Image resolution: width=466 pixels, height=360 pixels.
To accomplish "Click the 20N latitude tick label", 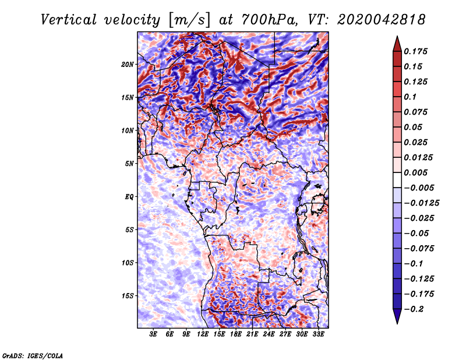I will pyautogui.click(x=128, y=64).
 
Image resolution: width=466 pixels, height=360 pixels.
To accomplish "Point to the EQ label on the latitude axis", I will pyautogui.click(x=129, y=196).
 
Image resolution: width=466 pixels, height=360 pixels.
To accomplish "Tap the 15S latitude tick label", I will pyautogui.click(x=128, y=295).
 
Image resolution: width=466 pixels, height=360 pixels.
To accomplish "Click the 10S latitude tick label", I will pyautogui.click(x=128, y=263).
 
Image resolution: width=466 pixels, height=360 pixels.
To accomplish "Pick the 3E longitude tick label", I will pyautogui.click(x=154, y=334).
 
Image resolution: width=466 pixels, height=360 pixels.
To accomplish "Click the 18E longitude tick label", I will pyautogui.click(x=236, y=334).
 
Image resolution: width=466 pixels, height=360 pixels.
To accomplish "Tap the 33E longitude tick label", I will pyautogui.click(x=319, y=334).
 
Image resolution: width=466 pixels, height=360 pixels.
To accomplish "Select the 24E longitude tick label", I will pyautogui.click(x=269, y=334).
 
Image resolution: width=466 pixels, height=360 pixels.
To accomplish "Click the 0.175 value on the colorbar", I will pyautogui.click(x=417, y=51).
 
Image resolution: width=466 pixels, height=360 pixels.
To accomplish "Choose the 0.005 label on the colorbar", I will pyautogui.click(x=417, y=172).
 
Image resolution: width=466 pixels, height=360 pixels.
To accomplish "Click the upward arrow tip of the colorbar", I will pyautogui.click(x=396, y=37).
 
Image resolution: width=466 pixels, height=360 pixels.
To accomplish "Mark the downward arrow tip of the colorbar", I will pyautogui.click(x=396, y=322).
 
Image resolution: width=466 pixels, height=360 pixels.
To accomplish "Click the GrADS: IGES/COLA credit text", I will pyautogui.click(x=32, y=354).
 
